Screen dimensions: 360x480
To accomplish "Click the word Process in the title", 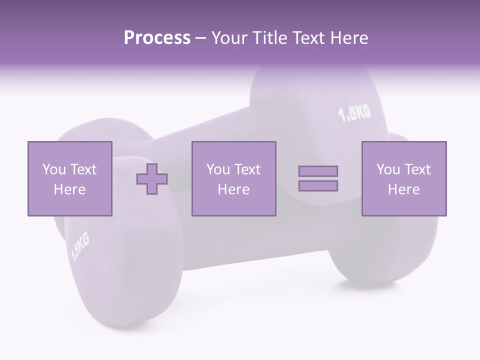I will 157,38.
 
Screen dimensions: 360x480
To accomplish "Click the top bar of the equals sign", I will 318,171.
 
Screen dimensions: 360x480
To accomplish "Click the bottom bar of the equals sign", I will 318,185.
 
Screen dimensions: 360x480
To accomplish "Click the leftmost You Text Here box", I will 69,178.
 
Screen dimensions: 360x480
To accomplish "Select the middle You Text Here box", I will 233,178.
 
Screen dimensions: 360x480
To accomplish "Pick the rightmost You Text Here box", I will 403,178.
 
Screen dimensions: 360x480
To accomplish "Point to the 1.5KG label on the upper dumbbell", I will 355,113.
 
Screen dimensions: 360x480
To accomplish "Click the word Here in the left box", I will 69,189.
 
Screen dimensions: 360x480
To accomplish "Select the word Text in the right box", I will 417,169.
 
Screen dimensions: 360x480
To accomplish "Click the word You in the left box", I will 54,169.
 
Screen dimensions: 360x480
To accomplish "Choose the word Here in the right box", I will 403,189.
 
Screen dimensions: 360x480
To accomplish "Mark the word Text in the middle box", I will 247,169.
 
